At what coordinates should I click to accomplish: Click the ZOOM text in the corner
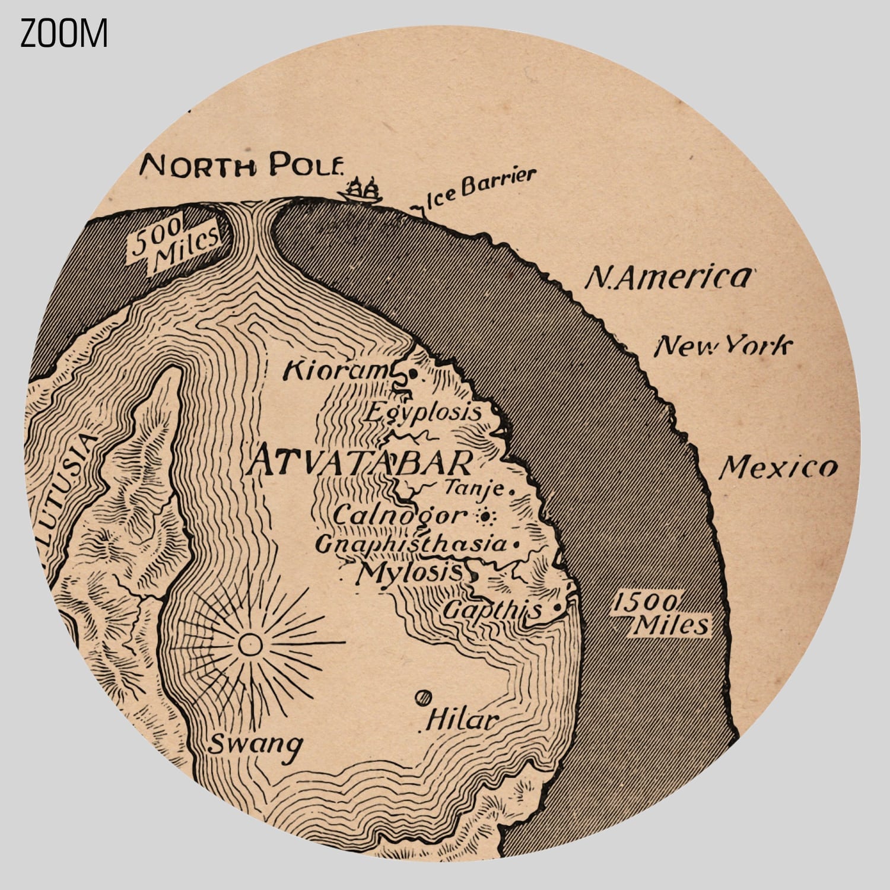pos(64,33)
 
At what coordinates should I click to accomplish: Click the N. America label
pos(667,277)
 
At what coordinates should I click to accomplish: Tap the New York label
pos(723,345)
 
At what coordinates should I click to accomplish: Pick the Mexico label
pos(778,468)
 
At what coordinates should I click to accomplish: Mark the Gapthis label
pos(492,609)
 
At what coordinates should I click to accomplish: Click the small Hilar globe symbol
pos(424,698)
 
